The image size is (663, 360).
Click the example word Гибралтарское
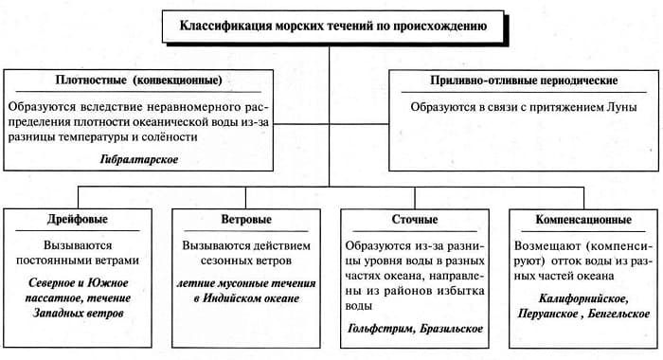(139, 161)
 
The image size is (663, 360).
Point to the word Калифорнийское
(582, 297)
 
